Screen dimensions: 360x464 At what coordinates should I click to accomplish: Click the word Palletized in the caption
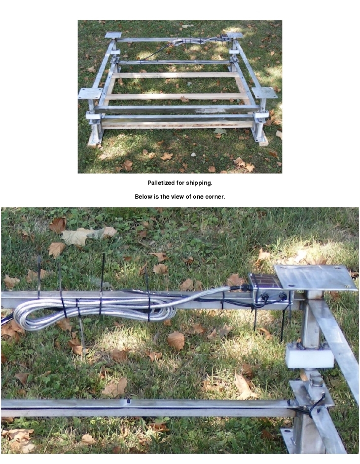point(161,183)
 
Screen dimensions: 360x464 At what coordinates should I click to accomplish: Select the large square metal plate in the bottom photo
point(316,278)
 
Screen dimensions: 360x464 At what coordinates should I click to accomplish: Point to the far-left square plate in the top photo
point(113,35)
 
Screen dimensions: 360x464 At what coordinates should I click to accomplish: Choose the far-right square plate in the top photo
point(234,35)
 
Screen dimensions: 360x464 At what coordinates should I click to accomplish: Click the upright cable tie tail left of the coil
point(39,277)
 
